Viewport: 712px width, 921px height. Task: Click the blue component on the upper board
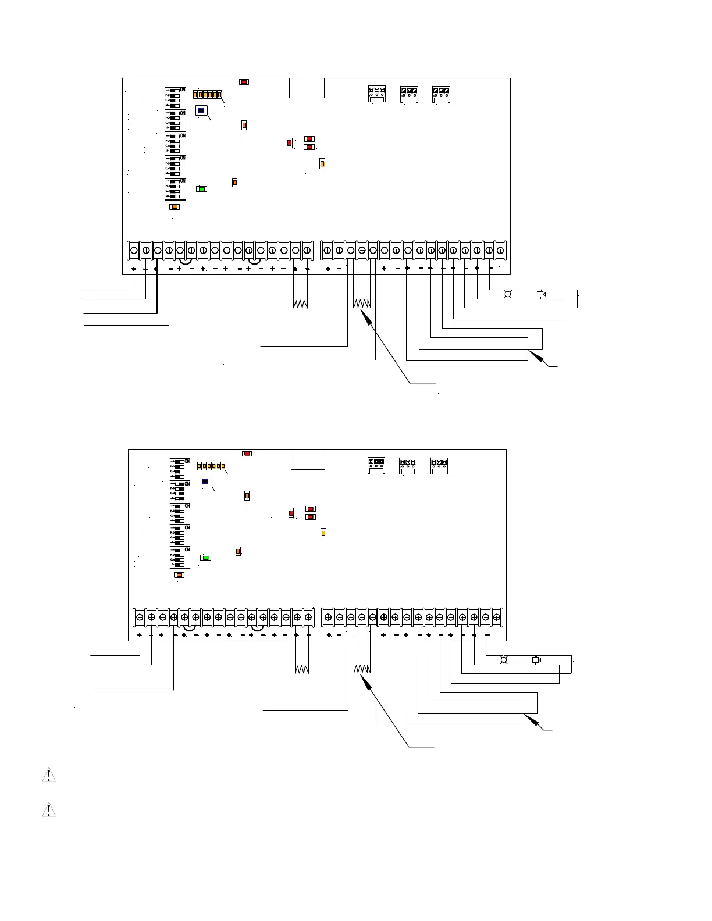201,110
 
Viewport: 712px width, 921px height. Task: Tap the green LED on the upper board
201,189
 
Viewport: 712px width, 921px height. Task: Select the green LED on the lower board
205,558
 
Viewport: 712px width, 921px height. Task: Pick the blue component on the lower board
205,481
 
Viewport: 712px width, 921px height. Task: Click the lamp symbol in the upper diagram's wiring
507,295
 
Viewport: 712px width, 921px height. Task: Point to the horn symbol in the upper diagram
541,294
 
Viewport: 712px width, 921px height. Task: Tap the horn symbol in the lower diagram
536,660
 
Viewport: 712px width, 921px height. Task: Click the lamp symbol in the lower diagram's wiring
504,660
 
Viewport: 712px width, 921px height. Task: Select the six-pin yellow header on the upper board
208,95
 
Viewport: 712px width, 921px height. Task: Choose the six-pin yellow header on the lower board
211,466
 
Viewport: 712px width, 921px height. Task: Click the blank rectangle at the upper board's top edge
307,88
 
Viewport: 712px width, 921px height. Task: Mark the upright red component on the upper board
289,143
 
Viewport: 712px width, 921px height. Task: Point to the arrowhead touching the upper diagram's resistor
364,314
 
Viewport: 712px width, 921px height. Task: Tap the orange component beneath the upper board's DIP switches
175,206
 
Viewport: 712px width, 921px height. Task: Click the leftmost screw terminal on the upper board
134,251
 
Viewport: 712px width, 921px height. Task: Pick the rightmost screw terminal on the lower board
496,617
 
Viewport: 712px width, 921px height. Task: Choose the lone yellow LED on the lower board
323,533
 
